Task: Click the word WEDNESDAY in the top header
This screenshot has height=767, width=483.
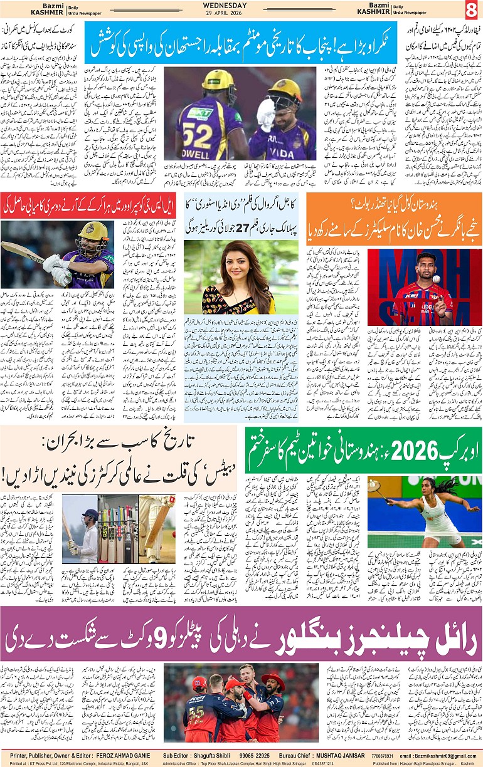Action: tap(242, 6)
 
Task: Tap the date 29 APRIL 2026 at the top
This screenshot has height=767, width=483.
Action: tap(242, 14)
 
